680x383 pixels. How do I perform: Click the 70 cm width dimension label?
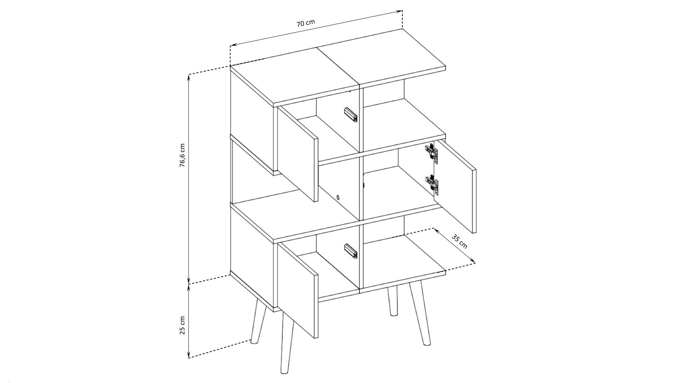306,23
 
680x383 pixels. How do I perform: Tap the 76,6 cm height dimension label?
182,155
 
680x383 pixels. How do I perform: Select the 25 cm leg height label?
182,325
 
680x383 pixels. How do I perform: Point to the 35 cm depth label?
460,241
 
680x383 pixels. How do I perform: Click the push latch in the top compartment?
351,115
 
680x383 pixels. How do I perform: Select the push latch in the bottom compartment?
351,251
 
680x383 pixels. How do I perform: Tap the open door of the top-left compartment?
297,154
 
